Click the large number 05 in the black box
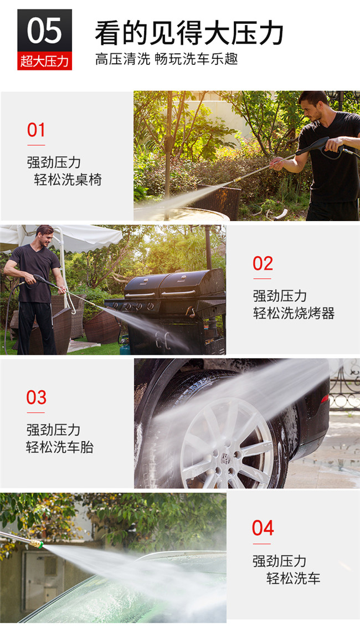[44, 30]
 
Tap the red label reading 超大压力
[44, 62]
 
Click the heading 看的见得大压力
[189, 33]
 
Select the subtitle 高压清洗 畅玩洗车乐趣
[166, 59]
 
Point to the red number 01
[36, 130]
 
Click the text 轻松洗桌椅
[68, 180]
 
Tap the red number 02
[263, 263]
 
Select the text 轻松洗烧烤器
[294, 313]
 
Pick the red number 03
[37, 397]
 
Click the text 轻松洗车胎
[60, 447]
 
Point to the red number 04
[263, 528]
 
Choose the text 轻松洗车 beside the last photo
[293, 578]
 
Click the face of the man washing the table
[314, 108]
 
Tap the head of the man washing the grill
[44, 236]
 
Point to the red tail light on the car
[325, 398]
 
